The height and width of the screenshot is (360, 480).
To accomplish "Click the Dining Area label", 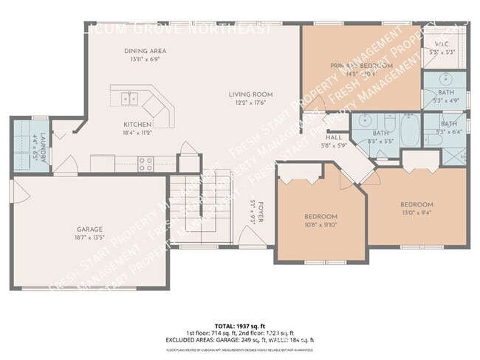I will [x=144, y=51].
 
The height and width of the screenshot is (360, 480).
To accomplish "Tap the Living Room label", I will [x=250, y=94].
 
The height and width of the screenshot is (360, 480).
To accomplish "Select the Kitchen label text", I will [x=137, y=124].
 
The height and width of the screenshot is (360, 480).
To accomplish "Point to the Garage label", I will [x=90, y=229].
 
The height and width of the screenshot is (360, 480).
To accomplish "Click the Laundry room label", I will [x=43, y=147].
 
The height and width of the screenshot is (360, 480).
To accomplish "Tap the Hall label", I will [x=335, y=137].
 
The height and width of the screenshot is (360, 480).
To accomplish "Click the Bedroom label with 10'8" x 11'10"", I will [x=320, y=216].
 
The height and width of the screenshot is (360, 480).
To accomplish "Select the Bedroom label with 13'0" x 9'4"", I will [x=416, y=204].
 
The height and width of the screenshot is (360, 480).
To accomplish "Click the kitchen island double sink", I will [x=131, y=97].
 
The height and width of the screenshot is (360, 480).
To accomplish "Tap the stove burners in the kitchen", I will [x=145, y=164].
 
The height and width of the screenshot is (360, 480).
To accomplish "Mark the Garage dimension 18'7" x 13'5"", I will [x=90, y=238].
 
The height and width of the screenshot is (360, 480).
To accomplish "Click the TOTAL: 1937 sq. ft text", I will [x=240, y=325].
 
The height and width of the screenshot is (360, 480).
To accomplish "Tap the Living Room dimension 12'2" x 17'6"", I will [x=250, y=103].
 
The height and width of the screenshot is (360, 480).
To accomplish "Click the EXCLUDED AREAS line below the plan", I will [x=240, y=339].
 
